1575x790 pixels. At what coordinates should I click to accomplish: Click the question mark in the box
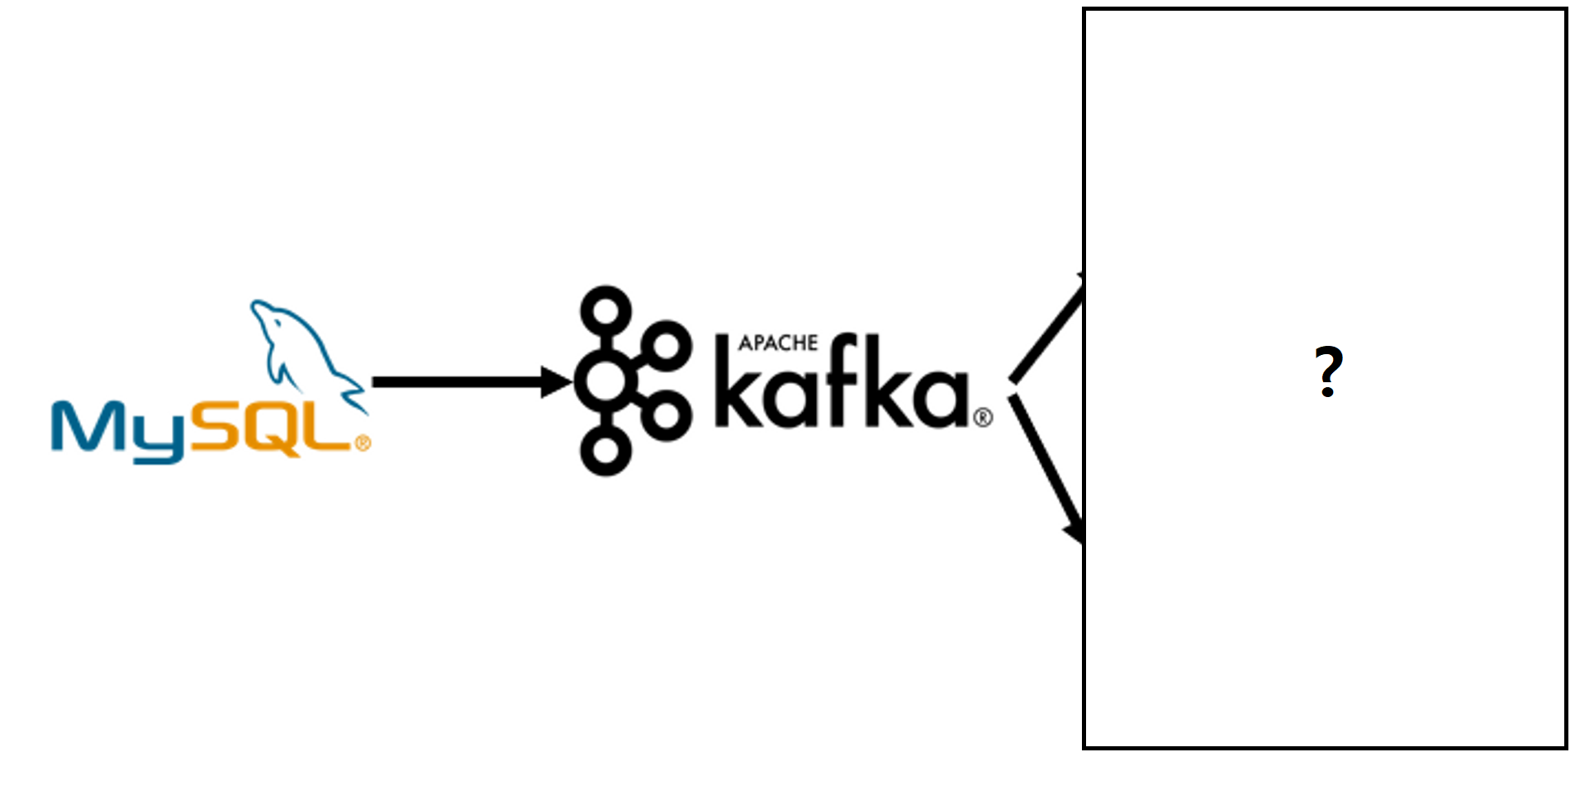[1328, 371]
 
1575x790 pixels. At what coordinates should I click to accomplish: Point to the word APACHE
[778, 343]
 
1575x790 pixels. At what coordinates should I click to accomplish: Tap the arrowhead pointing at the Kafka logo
[557, 381]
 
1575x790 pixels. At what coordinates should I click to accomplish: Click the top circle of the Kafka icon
[606, 311]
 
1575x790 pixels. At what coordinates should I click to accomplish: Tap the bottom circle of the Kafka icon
[606, 451]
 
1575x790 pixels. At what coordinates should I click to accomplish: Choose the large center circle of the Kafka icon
[606, 381]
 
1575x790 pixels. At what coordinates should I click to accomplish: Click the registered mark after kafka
[983, 417]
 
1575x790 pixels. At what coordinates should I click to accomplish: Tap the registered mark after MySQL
[363, 444]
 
